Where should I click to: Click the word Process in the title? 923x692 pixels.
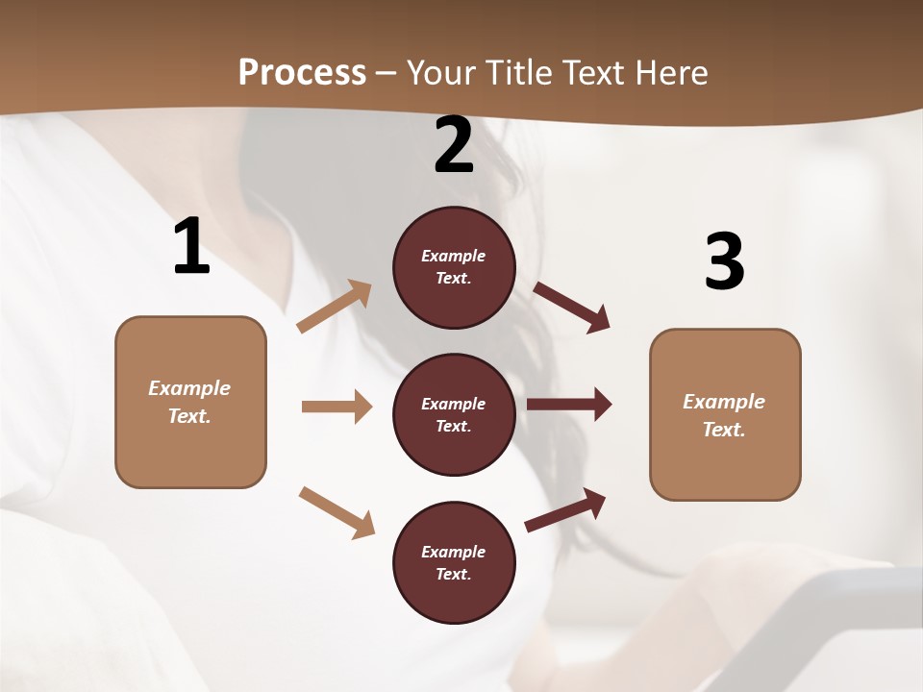pos(302,73)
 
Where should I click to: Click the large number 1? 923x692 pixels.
pos(191,247)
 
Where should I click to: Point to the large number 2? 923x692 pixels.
pos(454,145)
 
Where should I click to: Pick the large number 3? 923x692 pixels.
pos(724,261)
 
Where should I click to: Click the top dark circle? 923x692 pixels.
pos(454,267)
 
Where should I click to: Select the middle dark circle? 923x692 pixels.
pos(454,414)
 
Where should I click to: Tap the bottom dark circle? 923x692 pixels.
pos(454,562)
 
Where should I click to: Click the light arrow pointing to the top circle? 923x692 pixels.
pos(335,307)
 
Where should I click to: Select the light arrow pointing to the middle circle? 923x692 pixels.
pos(337,407)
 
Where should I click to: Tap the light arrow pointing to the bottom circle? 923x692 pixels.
pos(337,511)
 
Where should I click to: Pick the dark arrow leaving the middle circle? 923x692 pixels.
pos(569,405)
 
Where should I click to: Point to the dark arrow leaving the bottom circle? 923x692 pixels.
pos(566,509)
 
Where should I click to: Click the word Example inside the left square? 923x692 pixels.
pos(189,388)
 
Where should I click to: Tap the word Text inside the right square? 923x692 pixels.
pos(723,430)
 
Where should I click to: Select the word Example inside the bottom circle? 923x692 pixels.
pos(453,552)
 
